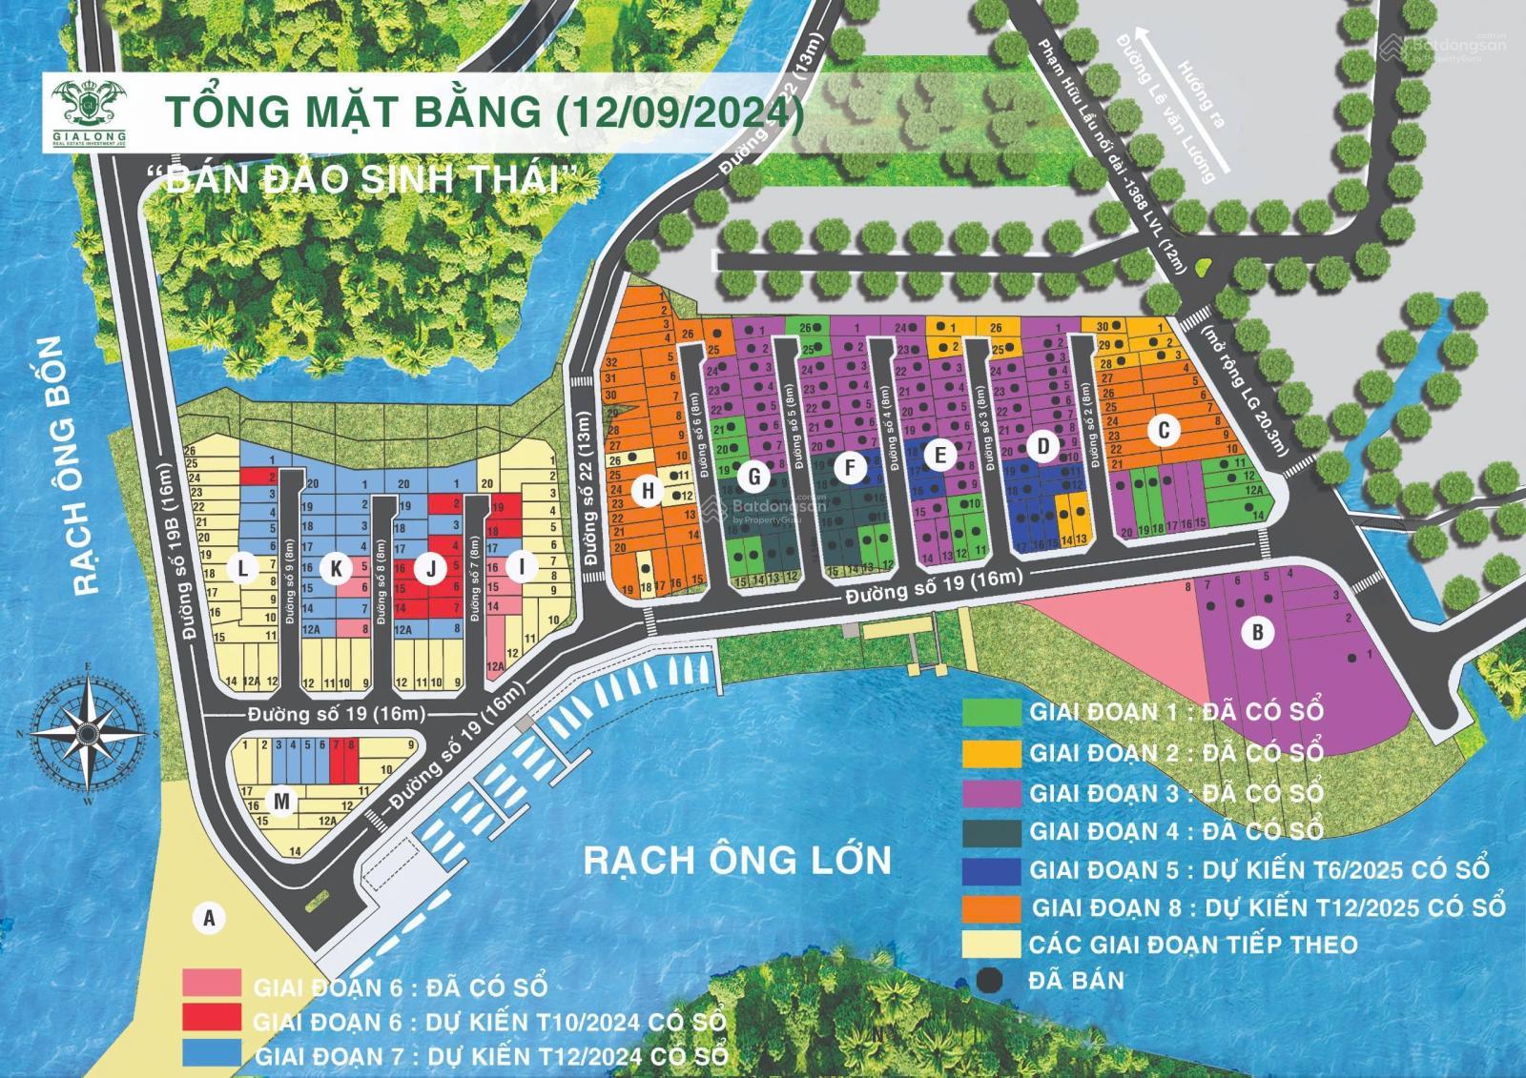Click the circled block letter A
coord(208,918)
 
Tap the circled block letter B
coord(1258,632)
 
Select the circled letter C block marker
coord(1163,431)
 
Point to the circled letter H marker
coord(649,491)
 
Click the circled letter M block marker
coord(280,802)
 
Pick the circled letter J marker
coord(431,569)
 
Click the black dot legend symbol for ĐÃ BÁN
coord(992,980)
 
